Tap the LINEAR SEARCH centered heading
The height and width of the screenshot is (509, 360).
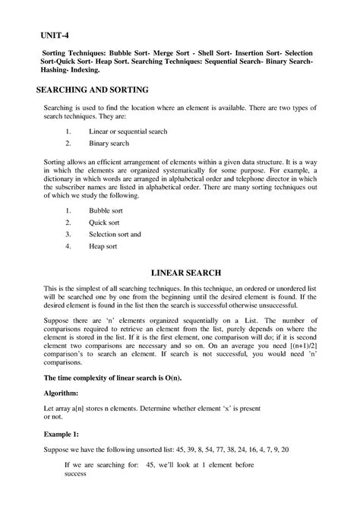click(179, 271)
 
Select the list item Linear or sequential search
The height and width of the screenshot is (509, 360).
click(121, 131)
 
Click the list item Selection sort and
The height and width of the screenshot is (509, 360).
click(115, 234)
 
